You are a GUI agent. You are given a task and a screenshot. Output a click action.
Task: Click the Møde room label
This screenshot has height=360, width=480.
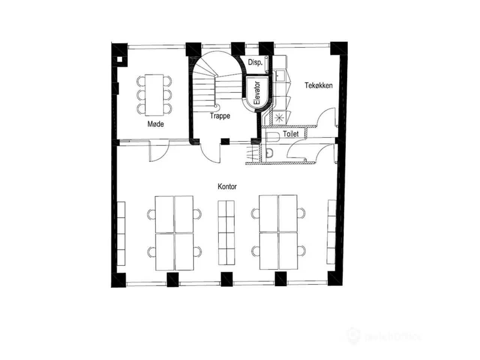point(155,124)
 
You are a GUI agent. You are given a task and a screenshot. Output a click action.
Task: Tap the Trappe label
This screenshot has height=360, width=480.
point(220,116)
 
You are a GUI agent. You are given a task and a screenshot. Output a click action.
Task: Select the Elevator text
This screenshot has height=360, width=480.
point(257,93)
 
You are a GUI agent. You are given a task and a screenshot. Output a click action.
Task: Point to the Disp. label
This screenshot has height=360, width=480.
point(255,63)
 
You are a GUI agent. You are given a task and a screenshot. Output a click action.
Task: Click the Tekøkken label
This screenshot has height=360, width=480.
point(318,85)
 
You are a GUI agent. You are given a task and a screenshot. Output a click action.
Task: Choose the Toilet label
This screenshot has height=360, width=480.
point(291,133)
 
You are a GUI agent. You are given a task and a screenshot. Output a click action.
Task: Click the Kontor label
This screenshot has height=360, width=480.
point(227,186)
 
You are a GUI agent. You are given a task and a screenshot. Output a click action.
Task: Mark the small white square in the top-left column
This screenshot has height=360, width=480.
point(120,59)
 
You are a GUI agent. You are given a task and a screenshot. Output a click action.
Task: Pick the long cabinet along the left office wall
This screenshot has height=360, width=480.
point(121,233)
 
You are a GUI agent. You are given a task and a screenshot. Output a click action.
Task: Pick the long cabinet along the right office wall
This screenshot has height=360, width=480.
point(332,232)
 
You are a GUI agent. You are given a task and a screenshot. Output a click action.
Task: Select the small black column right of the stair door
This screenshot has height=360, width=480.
point(225,141)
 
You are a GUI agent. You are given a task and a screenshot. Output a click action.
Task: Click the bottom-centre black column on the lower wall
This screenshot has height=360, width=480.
point(226,279)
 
